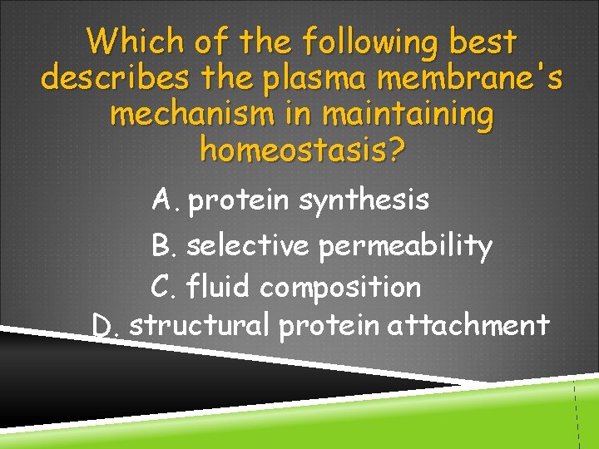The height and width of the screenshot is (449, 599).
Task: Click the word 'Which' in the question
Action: tap(134, 40)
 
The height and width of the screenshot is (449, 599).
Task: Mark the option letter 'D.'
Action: tap(106, 324)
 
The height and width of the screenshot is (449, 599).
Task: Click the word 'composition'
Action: tap(340, 288)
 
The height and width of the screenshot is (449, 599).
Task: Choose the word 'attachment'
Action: tap(468, 324)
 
